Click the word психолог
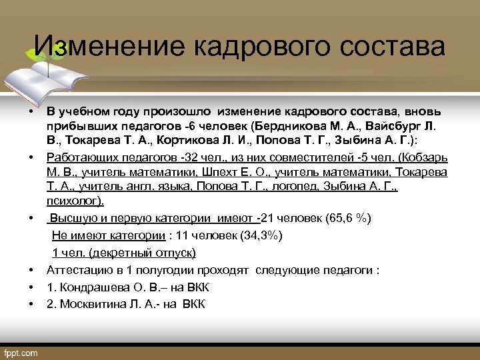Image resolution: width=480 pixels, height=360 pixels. (73, 201)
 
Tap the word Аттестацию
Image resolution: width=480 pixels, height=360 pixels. (75, 271)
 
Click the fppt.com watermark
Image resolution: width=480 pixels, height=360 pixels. (22, 351)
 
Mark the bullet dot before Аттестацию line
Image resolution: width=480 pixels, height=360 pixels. (31, 271)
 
